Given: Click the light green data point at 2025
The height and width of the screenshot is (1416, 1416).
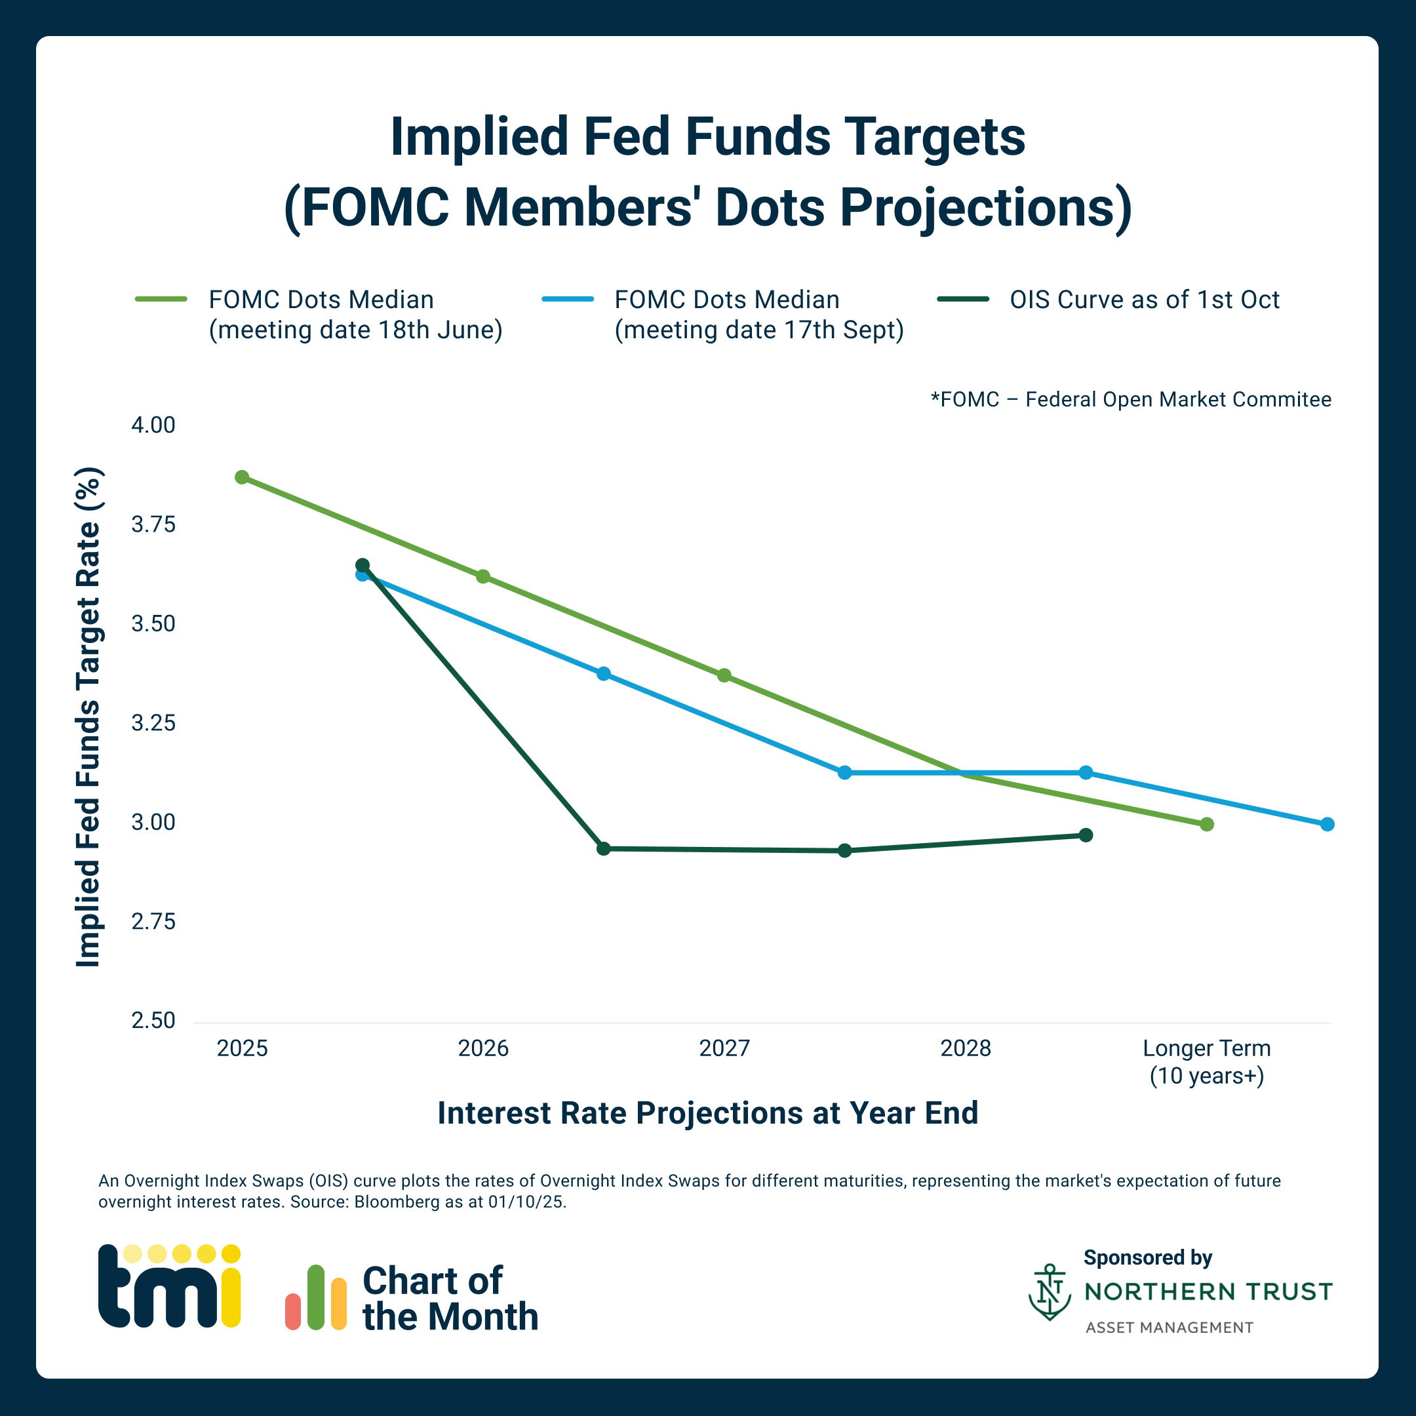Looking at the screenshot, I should [242, 477].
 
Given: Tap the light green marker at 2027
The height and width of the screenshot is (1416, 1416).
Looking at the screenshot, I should [724, 675].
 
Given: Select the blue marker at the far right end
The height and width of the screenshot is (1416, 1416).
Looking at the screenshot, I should [1327, 824].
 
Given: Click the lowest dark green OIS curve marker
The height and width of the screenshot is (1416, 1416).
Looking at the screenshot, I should [844, 850].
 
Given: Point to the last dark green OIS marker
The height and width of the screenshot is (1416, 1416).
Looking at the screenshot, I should [1086, 835].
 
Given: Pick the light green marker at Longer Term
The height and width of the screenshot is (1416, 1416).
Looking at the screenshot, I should [1206, 824].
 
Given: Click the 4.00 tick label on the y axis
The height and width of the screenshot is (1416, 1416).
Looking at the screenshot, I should [153, 425].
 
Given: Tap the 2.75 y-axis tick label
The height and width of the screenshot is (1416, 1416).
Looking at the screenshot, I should [153, 921].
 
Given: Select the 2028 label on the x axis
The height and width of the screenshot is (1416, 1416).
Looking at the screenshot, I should [965, 1048].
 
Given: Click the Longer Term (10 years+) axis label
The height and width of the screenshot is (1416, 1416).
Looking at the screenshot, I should [1206, 1061].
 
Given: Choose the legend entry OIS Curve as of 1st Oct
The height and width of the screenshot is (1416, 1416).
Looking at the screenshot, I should [1143, 300].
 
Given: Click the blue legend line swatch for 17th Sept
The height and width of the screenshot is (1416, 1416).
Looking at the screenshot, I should [567, 299].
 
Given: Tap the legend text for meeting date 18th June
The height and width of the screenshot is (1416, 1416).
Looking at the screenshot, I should [355, 315].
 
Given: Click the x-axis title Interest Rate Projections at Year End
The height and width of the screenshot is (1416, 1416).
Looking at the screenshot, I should [707, 1112].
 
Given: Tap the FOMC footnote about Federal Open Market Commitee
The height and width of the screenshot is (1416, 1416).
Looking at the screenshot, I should [1130, 399].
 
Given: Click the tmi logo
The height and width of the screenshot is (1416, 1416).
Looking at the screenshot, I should [169, 1286].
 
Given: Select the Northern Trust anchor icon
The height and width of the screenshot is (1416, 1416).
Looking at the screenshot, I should [1050, 1291].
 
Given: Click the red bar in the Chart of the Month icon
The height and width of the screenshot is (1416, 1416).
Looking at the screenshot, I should [293, 1311].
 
